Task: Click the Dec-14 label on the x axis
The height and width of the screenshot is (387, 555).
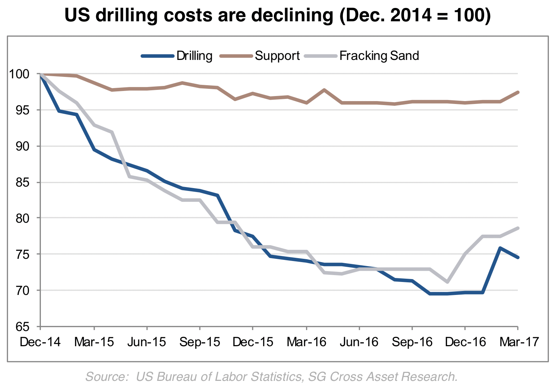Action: (40, 342)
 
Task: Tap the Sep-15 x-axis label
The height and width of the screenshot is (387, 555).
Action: (200, 342)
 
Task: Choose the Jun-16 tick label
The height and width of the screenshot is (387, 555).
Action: (359, 342)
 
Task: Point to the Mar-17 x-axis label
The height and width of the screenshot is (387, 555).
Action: (519, 342)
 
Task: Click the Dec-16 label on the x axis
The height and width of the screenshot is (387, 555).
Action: (465, 342)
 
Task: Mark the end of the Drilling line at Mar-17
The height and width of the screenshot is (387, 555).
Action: (518, 257)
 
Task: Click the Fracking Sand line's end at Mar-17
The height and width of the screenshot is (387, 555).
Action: (518, 228)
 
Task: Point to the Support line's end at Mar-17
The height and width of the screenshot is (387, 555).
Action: (518, 92)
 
